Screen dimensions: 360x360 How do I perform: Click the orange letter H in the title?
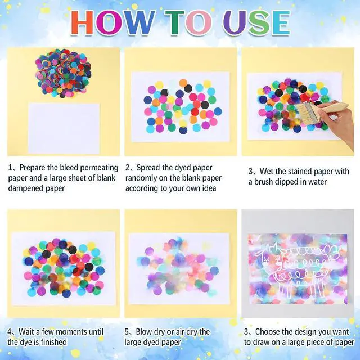pyautogui.click(x=82, y=22)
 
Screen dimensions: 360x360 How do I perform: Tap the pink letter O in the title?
pyautogui.click(x=199, y=22)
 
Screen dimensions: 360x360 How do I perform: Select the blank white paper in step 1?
pyautogui.click(x=64, y=128)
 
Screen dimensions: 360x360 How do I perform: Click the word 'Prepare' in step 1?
pyautogui.click(x=33, y=168)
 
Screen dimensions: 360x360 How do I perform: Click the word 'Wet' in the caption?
pyautogui.click(x=266, y=171)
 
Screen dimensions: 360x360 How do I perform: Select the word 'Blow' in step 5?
pyautogui.click(x=144, y=332)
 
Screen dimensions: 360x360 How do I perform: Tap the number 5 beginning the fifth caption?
pyautogui.click(x=127, y=332)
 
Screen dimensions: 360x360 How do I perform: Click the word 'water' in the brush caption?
pyautogui.click(x=317, y=182)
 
